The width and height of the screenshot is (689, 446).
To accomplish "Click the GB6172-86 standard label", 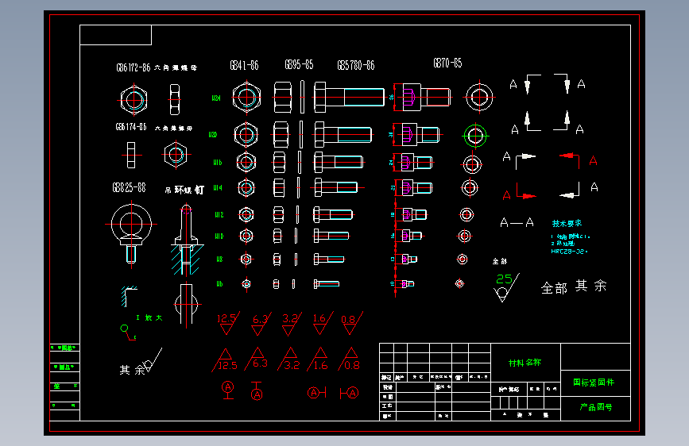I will tap(133, 68).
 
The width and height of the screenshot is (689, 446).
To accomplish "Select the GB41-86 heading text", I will tap(244, 66).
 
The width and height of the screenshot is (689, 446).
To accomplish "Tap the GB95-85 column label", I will tap(299, 64).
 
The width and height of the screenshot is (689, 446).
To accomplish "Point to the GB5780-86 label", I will tap(355, 65).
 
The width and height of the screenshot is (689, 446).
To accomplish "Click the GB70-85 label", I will tap(447, 63).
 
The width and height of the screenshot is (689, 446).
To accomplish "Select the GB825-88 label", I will tap(129, 188).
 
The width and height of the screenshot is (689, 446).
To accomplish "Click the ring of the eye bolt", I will tap(129, 221).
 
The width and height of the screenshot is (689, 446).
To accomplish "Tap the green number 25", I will tap(504, 279).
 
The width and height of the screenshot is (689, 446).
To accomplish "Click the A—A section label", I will tap(517, 223).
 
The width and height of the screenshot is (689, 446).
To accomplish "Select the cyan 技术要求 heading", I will tap(566, 224).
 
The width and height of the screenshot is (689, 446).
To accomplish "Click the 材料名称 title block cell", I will tap(524, 363).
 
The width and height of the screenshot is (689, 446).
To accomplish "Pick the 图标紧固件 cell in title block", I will tap(594, 383).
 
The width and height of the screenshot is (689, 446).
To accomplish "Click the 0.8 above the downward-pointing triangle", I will tap(349, 319).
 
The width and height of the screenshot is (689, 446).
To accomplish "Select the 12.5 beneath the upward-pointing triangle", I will tap(227, 366).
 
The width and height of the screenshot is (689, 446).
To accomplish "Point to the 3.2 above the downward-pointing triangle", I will tap(290, 319).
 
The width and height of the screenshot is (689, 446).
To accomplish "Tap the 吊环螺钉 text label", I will tap(184, 190).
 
